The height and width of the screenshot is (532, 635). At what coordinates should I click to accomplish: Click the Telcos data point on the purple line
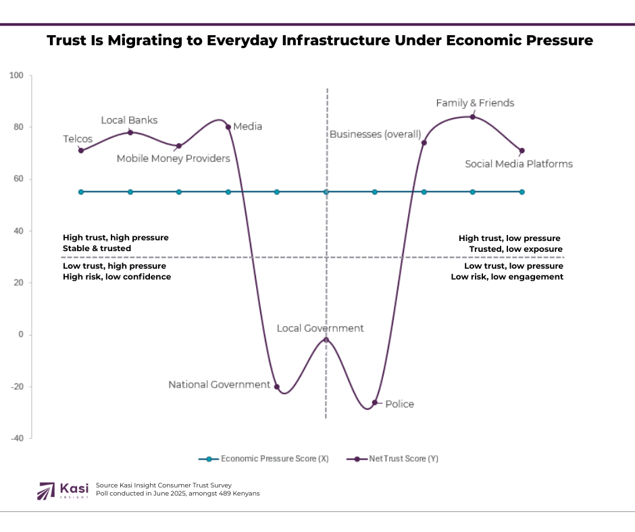[x=81, y=150]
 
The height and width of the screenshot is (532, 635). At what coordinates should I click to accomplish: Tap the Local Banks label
[x=129, y=120]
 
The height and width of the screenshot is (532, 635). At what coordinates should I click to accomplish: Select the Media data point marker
[x=228, y=127]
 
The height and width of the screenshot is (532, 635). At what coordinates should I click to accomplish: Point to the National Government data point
[x=276, y=387]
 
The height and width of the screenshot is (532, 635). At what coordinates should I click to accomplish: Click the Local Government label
[x=320, y=328]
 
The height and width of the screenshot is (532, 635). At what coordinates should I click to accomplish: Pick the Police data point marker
[x=375, y=402]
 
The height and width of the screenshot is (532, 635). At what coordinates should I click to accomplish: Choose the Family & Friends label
[x=475, y=103]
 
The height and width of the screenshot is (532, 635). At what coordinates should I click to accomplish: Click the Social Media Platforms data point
[x=522, y=151]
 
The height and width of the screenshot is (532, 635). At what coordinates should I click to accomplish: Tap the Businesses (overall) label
[x=375, y=134]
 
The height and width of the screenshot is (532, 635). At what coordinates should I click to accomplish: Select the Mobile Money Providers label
[x=174, y=159]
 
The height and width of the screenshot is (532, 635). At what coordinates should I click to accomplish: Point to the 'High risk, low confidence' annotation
[x=117, y=277]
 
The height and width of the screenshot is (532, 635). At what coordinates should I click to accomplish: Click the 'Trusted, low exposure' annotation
[x=516, y=249]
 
